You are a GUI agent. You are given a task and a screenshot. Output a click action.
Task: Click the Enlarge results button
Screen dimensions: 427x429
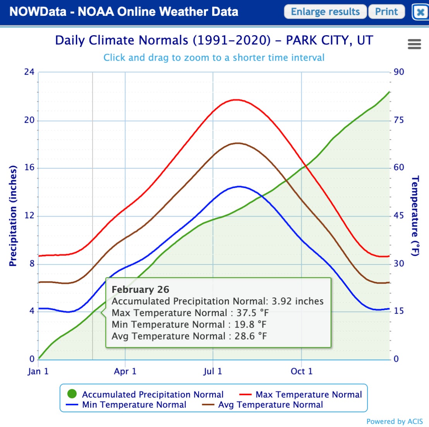[x=325, y=12]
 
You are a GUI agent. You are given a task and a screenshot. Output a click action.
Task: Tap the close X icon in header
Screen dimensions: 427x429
[x=420, y=12]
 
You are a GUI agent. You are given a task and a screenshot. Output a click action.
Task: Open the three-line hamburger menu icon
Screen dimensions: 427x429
[x=414, y=44]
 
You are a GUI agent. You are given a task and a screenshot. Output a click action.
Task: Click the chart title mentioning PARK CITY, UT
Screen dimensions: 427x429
[x=214, y=40]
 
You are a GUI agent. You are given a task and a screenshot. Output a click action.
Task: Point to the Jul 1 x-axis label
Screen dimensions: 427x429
[x=213, y=371]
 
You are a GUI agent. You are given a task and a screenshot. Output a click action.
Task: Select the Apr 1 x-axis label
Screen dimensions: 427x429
[x=125, y=371]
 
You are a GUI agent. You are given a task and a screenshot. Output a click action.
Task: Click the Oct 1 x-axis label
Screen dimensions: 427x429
[x=301, y=371]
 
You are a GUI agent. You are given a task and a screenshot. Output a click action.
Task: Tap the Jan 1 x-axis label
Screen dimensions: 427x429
[x=38, y=371]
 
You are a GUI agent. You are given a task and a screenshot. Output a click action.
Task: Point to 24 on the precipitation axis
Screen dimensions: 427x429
[x=29, y=72]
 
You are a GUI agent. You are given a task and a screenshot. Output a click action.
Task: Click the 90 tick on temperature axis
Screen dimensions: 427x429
[x=399, y=72]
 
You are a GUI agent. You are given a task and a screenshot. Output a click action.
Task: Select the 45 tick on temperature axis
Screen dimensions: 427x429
[x=399, y=216]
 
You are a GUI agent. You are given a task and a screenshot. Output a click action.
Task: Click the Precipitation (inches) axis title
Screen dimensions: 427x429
[x=13, y=216]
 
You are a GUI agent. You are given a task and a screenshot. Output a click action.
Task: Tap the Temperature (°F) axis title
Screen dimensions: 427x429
[x=415, y=216]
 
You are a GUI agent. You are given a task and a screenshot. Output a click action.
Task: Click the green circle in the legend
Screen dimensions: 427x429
[x=72, y=394]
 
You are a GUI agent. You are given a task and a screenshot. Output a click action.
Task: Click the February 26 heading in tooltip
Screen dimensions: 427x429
[x=140, y=289]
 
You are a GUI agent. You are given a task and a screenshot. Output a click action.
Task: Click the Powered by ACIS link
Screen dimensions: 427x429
[x=395, y=421]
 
